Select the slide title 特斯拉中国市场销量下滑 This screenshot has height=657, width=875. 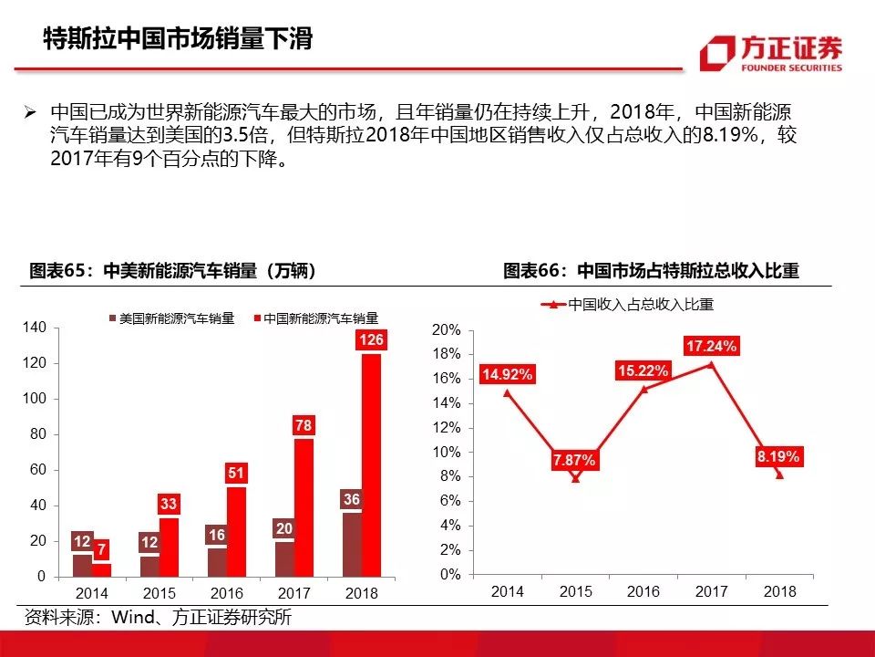(179, 38)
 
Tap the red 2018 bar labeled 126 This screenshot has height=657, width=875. (372, 465)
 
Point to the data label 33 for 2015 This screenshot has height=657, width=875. (169, 504)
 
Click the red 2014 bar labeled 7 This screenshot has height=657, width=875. (102, 568)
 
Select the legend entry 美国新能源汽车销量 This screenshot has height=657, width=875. (172, 318)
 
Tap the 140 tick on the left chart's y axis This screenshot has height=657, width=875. (34, 328)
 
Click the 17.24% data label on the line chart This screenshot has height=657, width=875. (712, 346)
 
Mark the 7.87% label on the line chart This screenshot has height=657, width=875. (574, 461)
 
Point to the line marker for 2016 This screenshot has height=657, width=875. (643, 389)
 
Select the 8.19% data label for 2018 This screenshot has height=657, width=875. (777, 457)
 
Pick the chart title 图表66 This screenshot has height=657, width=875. (651, 271)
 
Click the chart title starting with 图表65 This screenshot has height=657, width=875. (172, 271)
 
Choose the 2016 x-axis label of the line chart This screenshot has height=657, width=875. (643, 591)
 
